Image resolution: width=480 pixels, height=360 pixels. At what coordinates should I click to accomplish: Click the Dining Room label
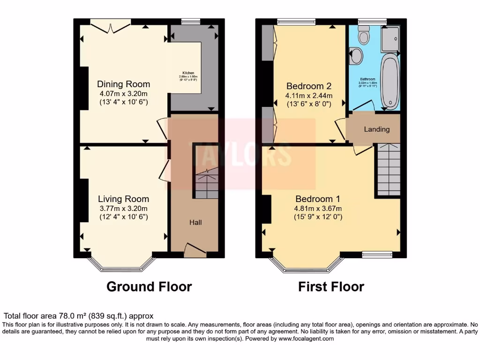click(123, 84)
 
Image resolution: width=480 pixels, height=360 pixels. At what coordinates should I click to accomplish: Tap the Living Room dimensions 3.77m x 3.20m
click(123, 209)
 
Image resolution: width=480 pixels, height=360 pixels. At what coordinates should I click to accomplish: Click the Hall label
click(195, 222)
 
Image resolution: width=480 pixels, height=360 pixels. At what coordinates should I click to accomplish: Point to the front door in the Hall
click(195, 250)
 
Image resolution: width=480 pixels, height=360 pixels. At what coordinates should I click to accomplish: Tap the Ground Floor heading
click(149, 286)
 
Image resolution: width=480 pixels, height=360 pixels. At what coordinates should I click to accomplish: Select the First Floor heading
click(331, 286)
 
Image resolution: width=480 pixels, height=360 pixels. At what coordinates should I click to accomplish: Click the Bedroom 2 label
click(309, 86)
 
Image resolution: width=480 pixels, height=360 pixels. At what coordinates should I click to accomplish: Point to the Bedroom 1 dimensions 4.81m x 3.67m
click(318, 209)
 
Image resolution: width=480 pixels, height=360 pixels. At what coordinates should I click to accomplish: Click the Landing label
click(377, 129)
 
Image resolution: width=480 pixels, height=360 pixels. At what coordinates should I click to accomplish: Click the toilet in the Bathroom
click(363, 35)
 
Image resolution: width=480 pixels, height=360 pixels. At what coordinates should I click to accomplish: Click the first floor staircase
click(387, 170)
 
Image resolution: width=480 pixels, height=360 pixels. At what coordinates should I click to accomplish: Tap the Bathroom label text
click(367, 79)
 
